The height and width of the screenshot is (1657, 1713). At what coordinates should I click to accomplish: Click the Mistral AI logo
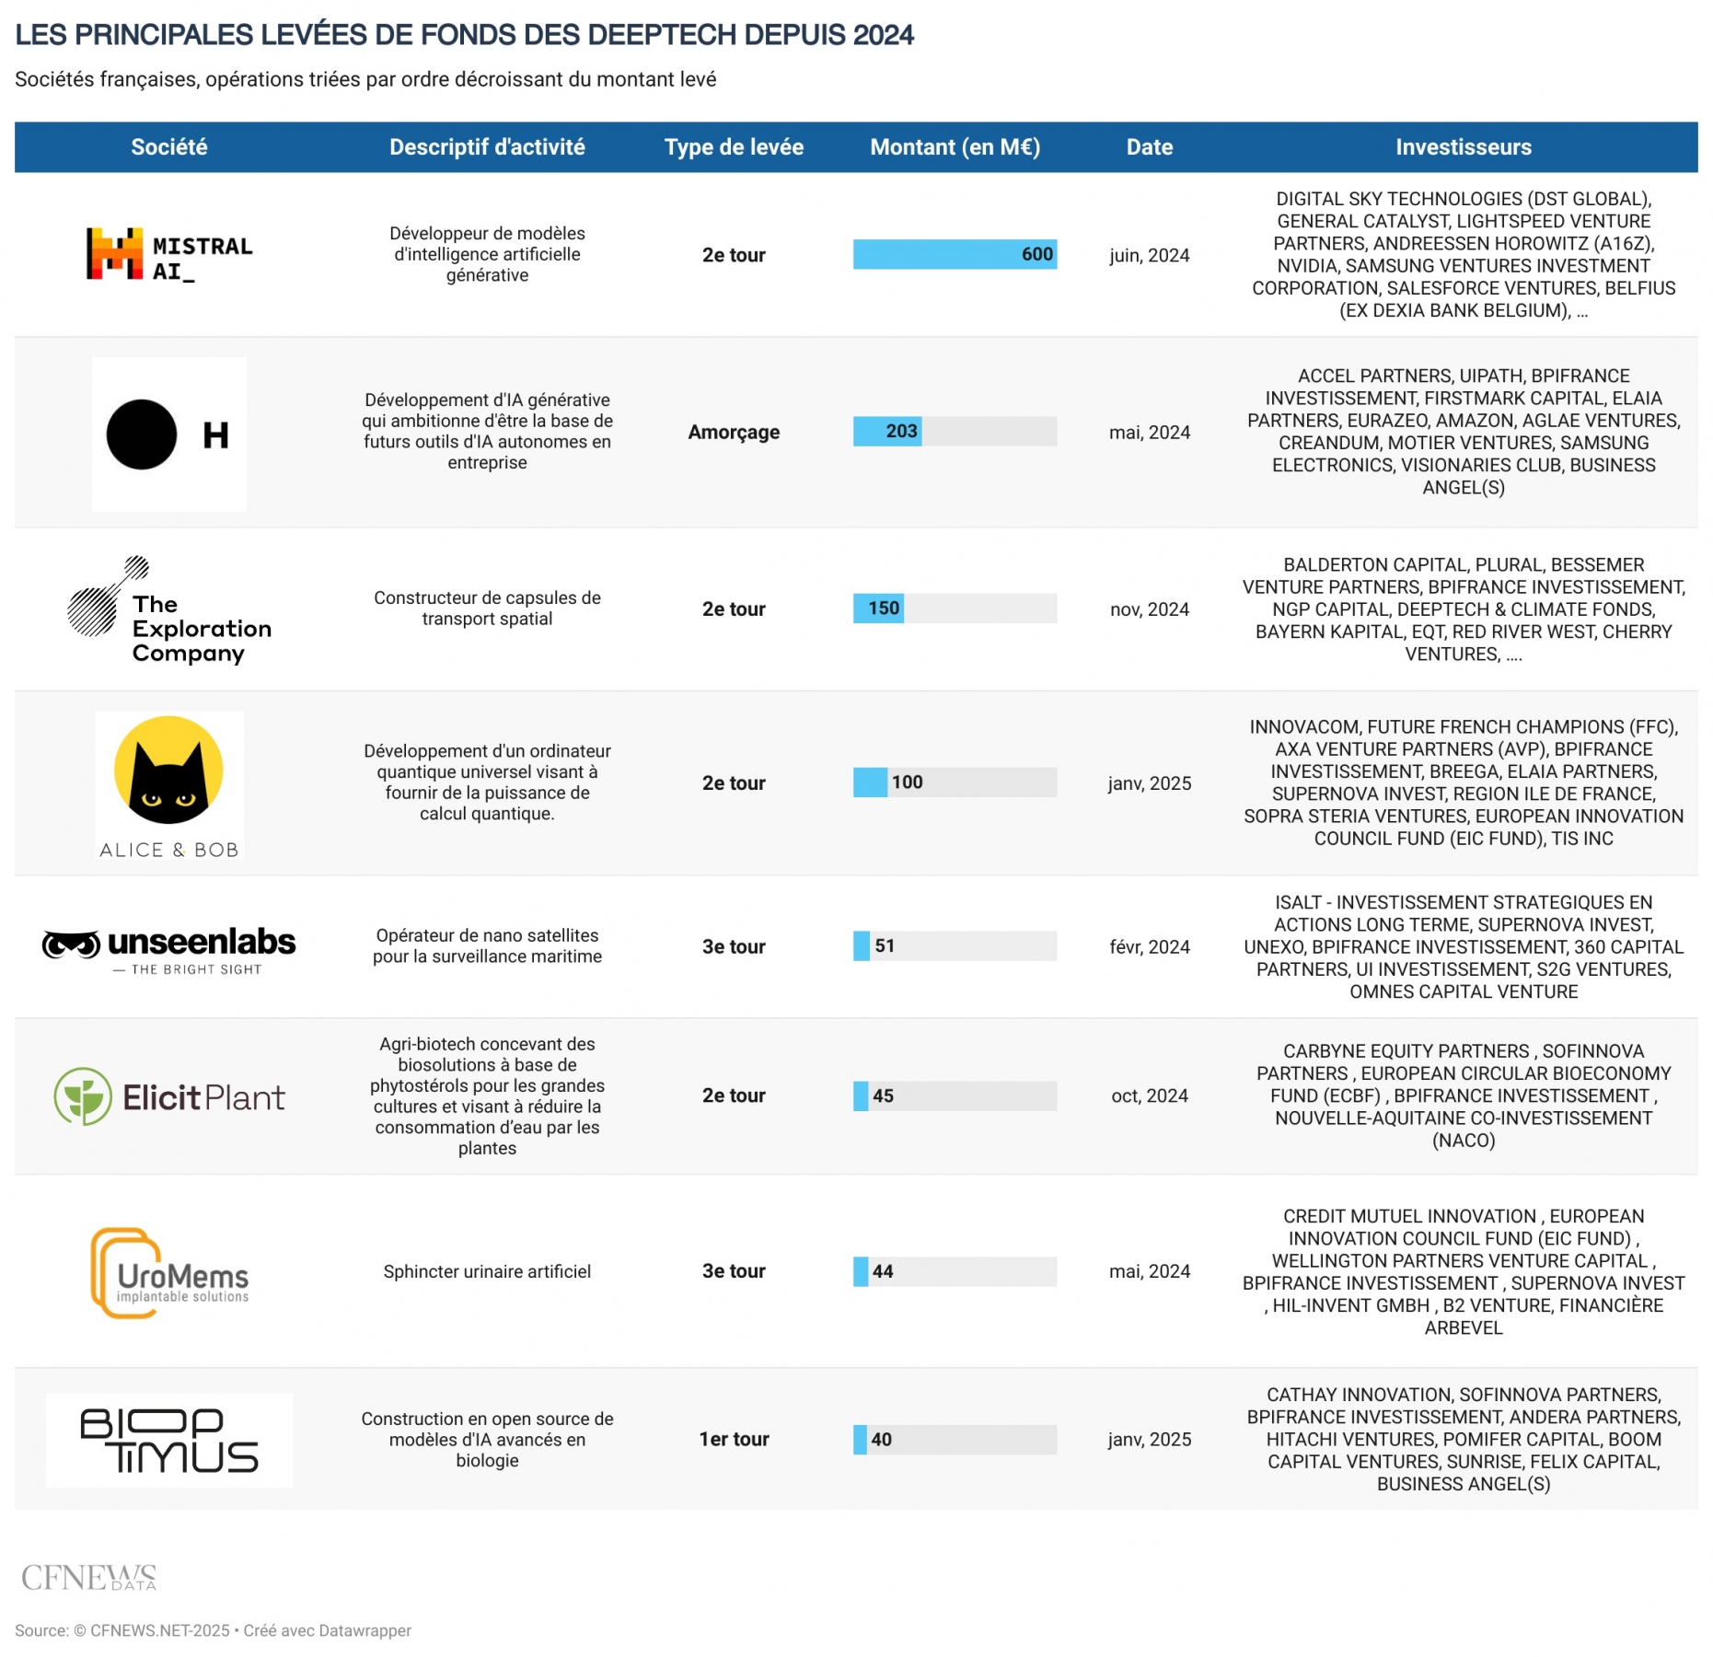pyautogui.click(x=169, y=254)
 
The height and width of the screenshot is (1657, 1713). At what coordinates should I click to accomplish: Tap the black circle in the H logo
pyautogui.click(x=142, y=435)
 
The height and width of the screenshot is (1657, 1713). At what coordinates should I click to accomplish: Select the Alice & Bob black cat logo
pyautogui.click(x=168, y=771)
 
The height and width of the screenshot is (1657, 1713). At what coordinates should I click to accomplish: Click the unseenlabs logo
pyautogui.click(x=169, y=948)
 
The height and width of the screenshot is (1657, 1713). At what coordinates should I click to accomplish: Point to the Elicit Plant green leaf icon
pyautogui.click(x=83, y=1095)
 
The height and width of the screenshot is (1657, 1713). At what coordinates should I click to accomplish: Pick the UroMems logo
pyautogui.click(x=169, y=1273)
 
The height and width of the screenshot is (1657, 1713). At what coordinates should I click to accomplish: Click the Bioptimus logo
pyautogui.click(x=169, y=1440)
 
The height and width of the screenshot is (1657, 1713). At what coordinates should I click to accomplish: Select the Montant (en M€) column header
pyautogui.click(x=955, y=147)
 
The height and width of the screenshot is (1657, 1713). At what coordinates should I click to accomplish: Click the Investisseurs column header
pyautogui.click(x=1463, y=147)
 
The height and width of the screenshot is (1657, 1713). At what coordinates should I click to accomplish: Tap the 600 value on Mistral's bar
pyautogui.click(x=1036, y=254)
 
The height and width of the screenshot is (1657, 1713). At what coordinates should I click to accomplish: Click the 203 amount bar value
pyautogui.click(x=901, y=431)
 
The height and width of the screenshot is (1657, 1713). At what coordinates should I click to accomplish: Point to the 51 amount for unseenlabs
pyautogui.click(x=885, y=945)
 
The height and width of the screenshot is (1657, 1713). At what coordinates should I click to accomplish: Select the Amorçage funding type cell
pyautogui.click(x=734, y=432)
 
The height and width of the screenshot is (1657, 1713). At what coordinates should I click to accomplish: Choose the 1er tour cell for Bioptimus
pyautogui.click(x=734, y=1439)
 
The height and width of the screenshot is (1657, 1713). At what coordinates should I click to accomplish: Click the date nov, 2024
pyautogui.click(x=1149, y=609)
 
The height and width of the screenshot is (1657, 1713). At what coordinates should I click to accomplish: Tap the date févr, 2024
pyautogui.click(x=1149, y=946)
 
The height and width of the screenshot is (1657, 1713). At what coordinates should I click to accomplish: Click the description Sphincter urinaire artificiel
pyautogui.click(x=487, y=1271)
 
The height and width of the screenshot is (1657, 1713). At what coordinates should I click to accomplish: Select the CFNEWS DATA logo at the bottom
pyautogui.click(x=89, y=1577)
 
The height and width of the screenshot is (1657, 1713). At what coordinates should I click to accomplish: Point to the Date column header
pyautogui.click(x=1149, y=147)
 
